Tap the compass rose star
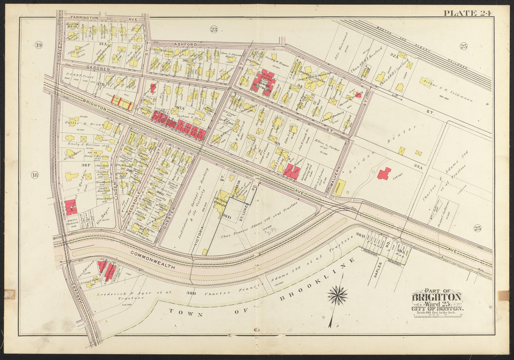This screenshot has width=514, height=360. [x=338, y=296]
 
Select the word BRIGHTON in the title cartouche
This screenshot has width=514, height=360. [x=437, y=297]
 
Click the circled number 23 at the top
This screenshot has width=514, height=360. [x=213, y=30]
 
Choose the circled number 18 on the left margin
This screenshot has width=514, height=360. [x=35, y=175]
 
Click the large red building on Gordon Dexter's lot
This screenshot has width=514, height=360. [x=383, y=173]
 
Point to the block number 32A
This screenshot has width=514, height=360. [x=394, y=56]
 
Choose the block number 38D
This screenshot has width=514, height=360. [x=226, y=217]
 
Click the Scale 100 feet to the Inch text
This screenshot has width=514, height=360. [x=437, y=313]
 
